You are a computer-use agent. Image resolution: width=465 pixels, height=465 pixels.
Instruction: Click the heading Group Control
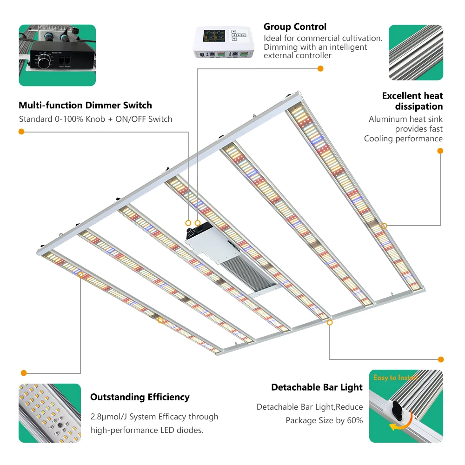coord(295,27)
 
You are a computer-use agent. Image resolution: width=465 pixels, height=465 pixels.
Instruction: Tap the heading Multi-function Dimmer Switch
coord(85,105)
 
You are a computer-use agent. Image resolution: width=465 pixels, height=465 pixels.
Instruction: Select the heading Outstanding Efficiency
coord(139,397)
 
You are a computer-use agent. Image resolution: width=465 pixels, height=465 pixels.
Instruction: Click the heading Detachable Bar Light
coord(317,387)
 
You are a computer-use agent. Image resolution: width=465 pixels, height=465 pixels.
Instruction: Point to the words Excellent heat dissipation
coord(412,101)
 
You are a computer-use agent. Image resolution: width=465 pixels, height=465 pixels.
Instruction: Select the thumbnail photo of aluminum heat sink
coord(416,52)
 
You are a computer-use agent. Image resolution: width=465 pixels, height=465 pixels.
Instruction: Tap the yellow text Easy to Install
coord(395,378)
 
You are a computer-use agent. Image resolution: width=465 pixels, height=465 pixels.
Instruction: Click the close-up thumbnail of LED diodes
coord(50,413)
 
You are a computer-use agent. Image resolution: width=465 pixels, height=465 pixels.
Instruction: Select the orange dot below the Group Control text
coord(320,69)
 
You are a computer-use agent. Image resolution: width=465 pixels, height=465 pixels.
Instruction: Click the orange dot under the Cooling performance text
coord(440,151)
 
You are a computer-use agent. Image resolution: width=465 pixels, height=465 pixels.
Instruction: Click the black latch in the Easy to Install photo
coord(397,408)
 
